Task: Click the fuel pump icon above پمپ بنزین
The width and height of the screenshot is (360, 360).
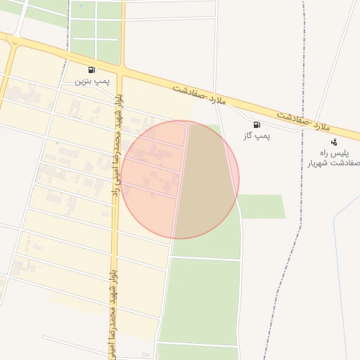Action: point(92,70)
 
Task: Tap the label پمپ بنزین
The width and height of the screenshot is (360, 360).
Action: point(92,81)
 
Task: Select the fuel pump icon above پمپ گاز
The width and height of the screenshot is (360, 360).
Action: point(255,124)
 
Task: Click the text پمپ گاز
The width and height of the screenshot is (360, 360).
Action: point(257,135)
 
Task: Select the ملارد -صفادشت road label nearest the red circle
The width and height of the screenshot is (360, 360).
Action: point(199,96)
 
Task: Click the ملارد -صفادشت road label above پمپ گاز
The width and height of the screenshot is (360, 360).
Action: point(304,120)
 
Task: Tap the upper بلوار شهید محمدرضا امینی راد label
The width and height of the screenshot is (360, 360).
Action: point(115,148)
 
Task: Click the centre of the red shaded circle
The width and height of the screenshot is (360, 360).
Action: point(180,179)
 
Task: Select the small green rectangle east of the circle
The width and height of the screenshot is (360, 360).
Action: point(262,206)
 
